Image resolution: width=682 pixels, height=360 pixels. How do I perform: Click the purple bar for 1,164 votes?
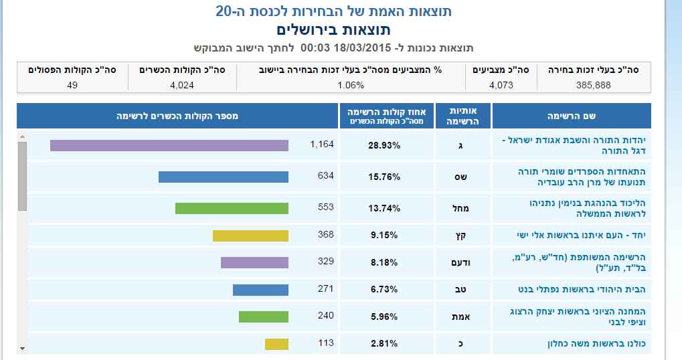[x=169, y=145]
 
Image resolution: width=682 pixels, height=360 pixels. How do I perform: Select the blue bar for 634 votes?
[x=223, y=177]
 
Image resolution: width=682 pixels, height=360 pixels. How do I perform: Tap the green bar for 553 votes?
[x=232, y=208]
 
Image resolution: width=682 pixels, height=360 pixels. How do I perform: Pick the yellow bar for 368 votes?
[x=250, y=236]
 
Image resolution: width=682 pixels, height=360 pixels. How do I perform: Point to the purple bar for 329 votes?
[x=254, y=262]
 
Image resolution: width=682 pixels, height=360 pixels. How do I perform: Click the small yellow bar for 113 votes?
[x=276, y=344]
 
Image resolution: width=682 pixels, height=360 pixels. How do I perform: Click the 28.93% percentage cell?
[x=384, y=145]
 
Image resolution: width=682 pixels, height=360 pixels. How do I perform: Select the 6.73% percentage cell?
[x=384, y=290]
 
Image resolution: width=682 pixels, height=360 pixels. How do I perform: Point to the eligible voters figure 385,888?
[x=593, y=85]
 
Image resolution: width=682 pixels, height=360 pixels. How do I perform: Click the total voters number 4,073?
[x=501, y=85]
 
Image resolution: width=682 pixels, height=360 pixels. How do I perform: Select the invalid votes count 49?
[x=72, y=85]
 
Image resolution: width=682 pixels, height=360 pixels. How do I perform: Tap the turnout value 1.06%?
[x=351, y=85]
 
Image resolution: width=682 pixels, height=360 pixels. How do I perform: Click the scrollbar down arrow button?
[x=22, y=348]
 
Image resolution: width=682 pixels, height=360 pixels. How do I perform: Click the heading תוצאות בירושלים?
[x=333, y=30]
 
